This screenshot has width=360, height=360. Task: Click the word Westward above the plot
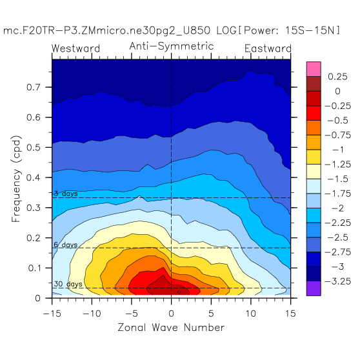click(75, 48)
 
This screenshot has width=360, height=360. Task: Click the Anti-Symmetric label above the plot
click(172, 46)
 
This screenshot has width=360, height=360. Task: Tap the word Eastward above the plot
click(268, 48)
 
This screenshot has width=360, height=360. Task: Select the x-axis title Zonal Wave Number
click(171, 327)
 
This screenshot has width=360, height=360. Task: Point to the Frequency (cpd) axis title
click(16, 179)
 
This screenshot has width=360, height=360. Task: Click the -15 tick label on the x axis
click(52, 314)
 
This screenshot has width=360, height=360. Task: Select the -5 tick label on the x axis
click(132, 314)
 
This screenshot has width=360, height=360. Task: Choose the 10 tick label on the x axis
click(251, 314)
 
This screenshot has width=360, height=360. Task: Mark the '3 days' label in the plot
click(66, 194)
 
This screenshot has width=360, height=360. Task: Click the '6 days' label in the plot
click(66, 245)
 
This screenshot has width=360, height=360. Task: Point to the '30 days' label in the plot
click(68, 284)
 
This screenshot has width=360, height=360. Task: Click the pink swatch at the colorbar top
click(314, 69)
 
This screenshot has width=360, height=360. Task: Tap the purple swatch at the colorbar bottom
click(314, 288)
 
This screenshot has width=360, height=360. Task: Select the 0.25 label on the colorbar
click(337, 77)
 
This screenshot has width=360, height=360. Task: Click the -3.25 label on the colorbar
click(338, 281)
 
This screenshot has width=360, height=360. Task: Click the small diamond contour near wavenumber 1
click(179, 292)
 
